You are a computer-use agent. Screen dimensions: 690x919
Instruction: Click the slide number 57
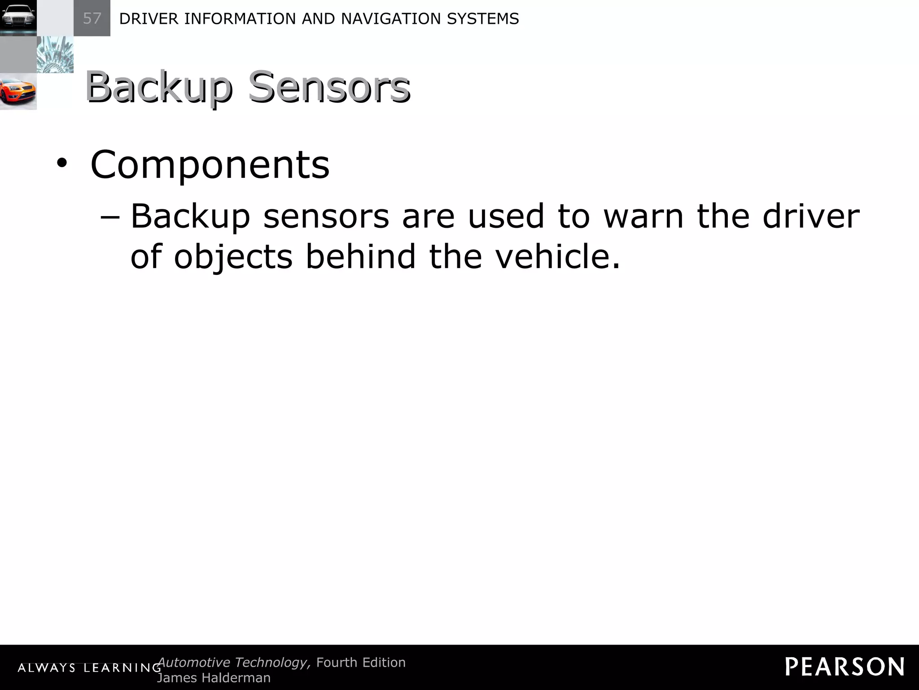tap(92, 18)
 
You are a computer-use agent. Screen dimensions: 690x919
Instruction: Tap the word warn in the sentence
tap(643, 217)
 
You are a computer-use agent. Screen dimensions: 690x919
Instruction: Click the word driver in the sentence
tap(811, 217)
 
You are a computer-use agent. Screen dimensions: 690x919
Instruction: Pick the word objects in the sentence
tap(233, 257)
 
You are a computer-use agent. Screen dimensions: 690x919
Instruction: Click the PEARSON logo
tap(845, 667)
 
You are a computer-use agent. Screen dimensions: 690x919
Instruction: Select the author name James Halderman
tap(214, 678)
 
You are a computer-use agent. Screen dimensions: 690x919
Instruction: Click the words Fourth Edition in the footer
tap(361, 663)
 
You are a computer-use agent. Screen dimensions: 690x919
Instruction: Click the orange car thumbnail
tap(18, 92)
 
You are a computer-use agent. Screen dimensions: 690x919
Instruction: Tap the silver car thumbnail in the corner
tap(18, 18)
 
